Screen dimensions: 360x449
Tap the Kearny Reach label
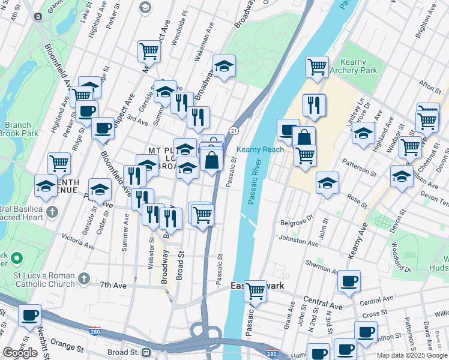[x=260, y=149]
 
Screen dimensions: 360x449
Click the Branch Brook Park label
[x=16, y=129]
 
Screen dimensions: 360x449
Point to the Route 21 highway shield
[x=234, y=131]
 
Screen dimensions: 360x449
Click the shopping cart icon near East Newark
[x=256, y=292]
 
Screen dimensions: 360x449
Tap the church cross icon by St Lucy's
[x=84, y=279]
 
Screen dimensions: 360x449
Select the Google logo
[x=20, y=352]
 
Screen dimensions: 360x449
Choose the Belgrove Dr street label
[x=297, y=221]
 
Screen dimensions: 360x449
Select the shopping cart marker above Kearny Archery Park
[x=316, y=67]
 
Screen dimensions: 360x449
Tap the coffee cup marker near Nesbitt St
[x=29, y=315]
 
